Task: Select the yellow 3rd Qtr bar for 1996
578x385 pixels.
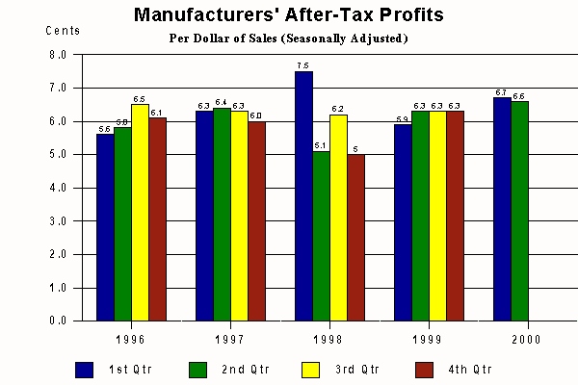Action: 140,213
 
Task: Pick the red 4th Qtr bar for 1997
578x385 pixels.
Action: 256,221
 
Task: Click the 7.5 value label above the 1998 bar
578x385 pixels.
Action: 302,65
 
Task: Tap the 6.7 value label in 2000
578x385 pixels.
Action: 501,92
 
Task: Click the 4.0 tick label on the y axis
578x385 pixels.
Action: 58,188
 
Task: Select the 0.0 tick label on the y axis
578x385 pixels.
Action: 58,321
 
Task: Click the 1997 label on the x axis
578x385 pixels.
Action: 229,340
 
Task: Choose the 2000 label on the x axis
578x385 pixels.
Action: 526,340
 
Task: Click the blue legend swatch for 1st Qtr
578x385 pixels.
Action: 85,369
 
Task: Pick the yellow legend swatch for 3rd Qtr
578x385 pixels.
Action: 310,369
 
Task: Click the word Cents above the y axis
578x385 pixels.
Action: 63,30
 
